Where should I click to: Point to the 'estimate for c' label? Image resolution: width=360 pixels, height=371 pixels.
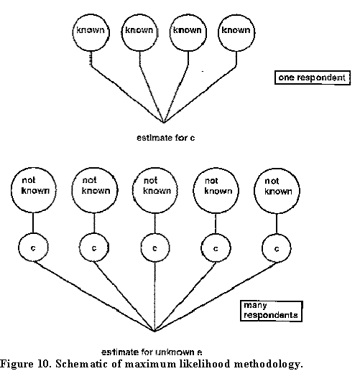[x=166, y=138]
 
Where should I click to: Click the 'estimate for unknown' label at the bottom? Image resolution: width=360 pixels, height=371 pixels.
[x=152, y=352]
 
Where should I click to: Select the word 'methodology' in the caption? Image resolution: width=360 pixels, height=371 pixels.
[x=267, y=364]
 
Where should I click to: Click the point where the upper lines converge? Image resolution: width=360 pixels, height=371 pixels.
[x=164, y=123]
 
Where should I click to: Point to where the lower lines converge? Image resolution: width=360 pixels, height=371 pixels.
[x=154, y=332]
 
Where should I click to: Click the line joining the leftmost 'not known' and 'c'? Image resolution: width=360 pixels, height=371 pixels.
[x=33, y=223]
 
